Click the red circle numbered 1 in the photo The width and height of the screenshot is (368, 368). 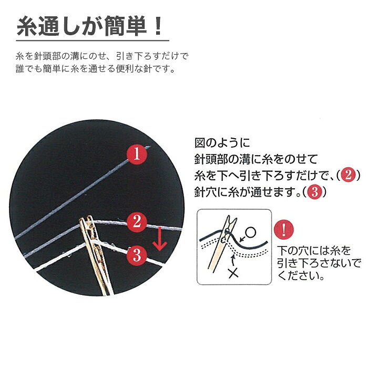[137, 155]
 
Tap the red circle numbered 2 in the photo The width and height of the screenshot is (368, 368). [137, 222]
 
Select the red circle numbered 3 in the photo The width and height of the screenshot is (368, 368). [137, 255]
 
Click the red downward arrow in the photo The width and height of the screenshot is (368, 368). [160, 238]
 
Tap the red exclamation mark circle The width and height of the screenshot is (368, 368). [284, 230]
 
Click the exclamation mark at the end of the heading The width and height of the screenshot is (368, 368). [158, 26]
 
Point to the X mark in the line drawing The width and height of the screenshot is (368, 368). [233, 272]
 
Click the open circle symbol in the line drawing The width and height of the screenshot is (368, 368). [250, 232]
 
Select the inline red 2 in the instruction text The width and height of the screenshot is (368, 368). [348, 175]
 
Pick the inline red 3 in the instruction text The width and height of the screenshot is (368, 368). [314, 192]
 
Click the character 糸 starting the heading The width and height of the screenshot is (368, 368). [26, 26]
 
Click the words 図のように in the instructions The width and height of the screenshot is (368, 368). [222, 142]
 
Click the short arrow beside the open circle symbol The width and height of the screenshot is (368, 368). [242, 239]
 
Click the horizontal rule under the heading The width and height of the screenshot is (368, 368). [93, 40]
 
